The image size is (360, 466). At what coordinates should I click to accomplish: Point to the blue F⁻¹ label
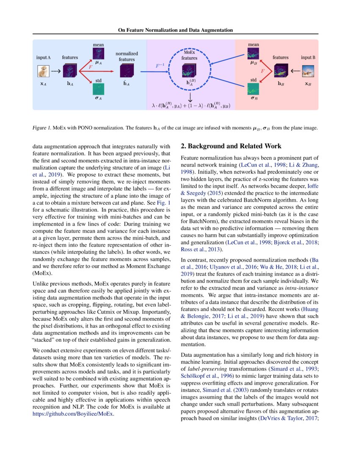coord(160,66)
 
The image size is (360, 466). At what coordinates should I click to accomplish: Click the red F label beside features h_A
coord(90,67)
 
